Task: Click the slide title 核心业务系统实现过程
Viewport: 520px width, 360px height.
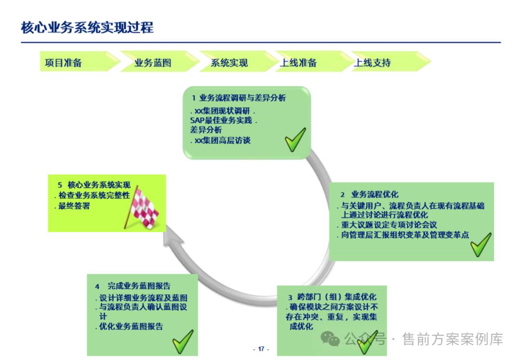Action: pos(87,27)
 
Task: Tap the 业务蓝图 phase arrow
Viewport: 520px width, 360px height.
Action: pos(153,63)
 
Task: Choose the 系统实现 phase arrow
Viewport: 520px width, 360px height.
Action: pos(229,63)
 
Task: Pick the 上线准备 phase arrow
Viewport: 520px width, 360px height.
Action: pos(299,63)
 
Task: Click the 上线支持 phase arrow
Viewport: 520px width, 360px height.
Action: pos(373,63)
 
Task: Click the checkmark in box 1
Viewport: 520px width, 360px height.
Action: pos(295,139)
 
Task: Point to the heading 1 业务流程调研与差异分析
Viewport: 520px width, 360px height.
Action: pos(239,98)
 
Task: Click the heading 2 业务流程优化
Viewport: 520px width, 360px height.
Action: pos(369,195)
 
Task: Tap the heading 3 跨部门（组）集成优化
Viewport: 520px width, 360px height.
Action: pos(332,296)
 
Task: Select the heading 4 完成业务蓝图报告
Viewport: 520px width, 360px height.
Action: pos(133,286)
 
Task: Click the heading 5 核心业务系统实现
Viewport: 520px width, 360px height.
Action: pos(94,185)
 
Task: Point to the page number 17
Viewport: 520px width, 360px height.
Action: pos(261,349)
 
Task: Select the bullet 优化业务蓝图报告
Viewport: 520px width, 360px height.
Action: pos(130,326)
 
